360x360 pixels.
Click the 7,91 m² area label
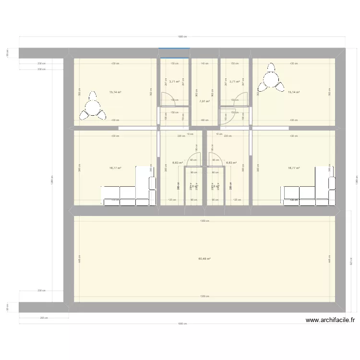click(204, 101)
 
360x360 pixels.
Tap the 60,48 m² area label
click(204, 259)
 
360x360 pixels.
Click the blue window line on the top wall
click(175, 48)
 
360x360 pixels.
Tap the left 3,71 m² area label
click(174, 82)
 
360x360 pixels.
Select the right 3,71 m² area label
click(234, 82)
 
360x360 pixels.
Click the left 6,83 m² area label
click(177, 163)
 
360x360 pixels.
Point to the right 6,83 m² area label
click(231, 163)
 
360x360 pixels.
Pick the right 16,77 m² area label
click(293, 168)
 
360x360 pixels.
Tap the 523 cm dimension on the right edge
click(350, 263)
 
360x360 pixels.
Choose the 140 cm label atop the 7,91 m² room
click(204, 63)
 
